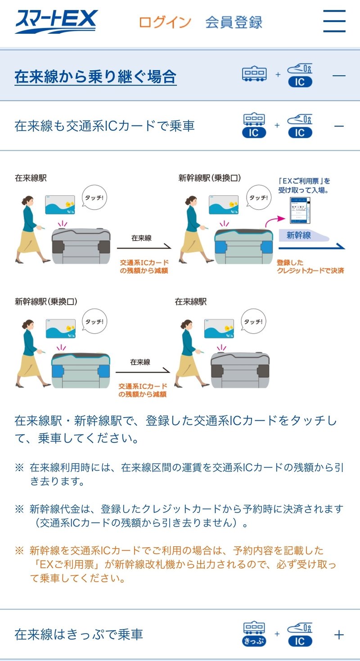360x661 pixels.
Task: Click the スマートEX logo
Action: pos(56,22)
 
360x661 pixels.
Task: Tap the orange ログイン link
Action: pos(165,22)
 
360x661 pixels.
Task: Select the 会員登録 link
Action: pos(234,22)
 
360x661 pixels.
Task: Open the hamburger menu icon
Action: pos(334,21)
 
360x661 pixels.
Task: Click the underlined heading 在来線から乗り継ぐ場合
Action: pos(95,76)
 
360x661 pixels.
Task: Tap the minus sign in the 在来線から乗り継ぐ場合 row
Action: pos(339,75)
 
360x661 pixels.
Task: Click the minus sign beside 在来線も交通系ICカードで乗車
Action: pos(339,126)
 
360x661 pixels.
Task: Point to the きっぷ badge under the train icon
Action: pos(254,640)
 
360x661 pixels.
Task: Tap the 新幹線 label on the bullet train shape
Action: pos(298,235)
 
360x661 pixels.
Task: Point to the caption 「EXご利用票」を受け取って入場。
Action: pos(304,185)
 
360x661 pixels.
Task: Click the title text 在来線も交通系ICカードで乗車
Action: pos(104,126)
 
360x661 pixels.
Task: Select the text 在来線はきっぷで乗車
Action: pos(79,634)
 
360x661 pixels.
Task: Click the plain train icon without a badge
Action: pos(254,74)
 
